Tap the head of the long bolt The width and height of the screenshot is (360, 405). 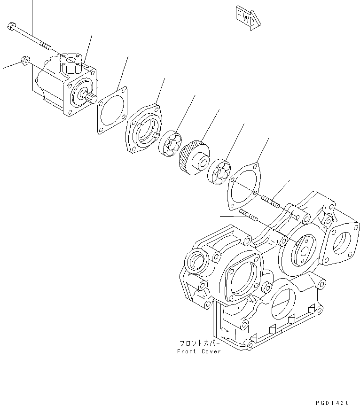[x=12, y=27]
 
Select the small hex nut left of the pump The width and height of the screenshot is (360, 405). [x=26, y=61]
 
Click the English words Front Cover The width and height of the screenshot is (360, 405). [x=199, y=351]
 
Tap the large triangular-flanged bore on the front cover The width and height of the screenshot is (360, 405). [x=243, y=278]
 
